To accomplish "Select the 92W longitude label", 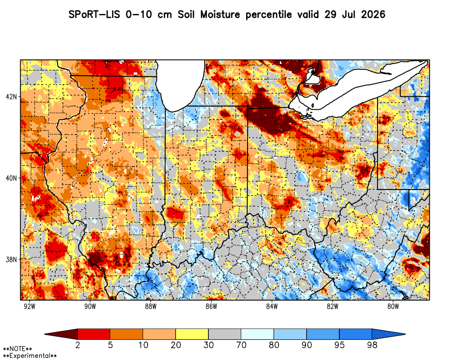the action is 30,306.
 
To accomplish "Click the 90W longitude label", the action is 90,306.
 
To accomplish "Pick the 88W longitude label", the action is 151,306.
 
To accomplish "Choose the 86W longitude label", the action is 211,306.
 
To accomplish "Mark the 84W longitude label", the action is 272,306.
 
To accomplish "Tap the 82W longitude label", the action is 333,306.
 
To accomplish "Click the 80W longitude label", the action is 393,306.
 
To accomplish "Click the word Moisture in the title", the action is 220,14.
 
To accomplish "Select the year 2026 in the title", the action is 373,14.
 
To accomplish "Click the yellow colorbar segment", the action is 192,334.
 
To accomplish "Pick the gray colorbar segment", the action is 225,334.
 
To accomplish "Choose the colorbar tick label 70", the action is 241,345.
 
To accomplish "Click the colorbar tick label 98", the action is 372,345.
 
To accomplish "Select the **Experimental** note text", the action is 30,356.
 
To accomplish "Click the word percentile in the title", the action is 269,15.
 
